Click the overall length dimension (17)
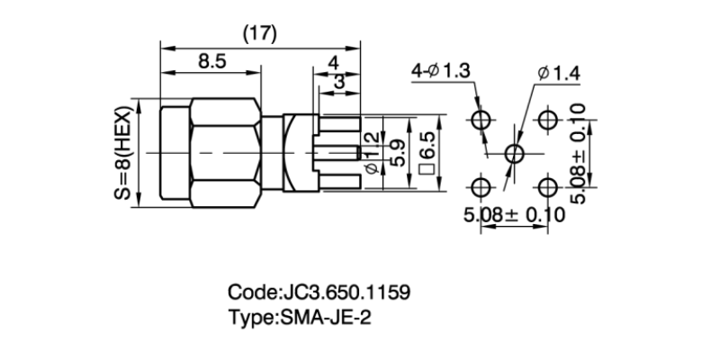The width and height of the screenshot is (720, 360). [x=260, y=32]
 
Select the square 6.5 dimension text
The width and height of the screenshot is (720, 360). [x=427, y=155]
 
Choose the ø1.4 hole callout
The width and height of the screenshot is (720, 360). [x=558, y=73]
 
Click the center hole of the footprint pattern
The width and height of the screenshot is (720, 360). [x=514, y=154]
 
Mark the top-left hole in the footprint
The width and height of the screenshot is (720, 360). [x=481, y=121]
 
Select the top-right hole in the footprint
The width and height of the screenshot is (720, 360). [x=547, y=121]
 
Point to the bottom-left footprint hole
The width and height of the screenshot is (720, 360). [x=481, y=187]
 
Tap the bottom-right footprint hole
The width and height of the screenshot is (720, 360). [x=547, y=187]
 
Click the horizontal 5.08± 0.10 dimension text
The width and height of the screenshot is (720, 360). [x=514, y=215]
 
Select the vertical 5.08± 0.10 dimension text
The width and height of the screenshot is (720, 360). [x=579, y=154]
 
